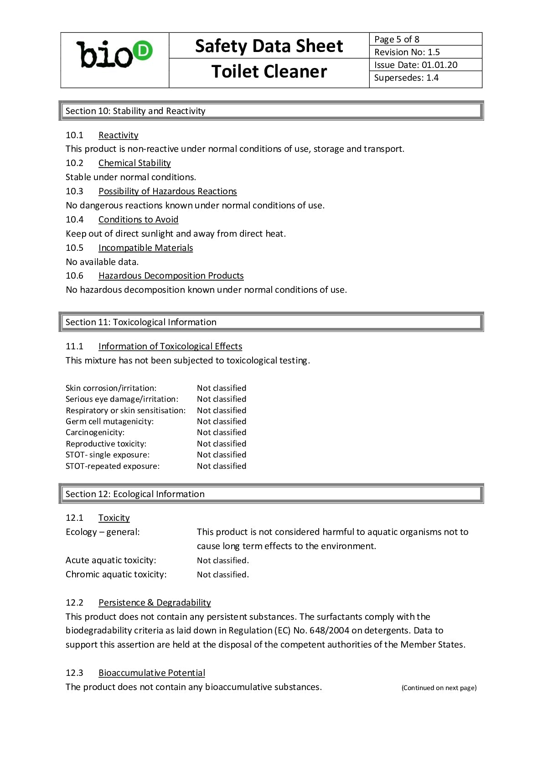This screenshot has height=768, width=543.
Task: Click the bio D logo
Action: point(114,55)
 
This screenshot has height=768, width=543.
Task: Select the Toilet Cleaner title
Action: point(269,72)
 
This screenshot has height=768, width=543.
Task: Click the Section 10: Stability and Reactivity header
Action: point(135,111)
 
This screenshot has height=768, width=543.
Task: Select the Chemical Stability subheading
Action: point(134,163)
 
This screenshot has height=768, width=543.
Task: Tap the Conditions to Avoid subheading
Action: point(138,219)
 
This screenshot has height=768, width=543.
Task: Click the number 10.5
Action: point(74,248)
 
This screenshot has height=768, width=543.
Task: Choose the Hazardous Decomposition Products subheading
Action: point(171,275)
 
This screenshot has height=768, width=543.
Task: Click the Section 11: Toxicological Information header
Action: point(141,322)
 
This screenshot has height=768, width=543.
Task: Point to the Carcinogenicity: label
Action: point(95,432)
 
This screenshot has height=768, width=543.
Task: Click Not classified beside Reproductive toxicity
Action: point(222,444)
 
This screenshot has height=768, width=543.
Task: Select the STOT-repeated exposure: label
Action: point(113,466)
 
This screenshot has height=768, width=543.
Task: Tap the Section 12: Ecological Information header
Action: point(135,494)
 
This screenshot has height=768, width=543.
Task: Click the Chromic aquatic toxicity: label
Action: point(116,574)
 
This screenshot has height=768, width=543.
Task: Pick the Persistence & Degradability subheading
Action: point(155,602)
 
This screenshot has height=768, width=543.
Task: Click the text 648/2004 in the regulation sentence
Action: point(329,630)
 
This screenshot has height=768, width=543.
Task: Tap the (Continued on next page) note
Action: point(439,688)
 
